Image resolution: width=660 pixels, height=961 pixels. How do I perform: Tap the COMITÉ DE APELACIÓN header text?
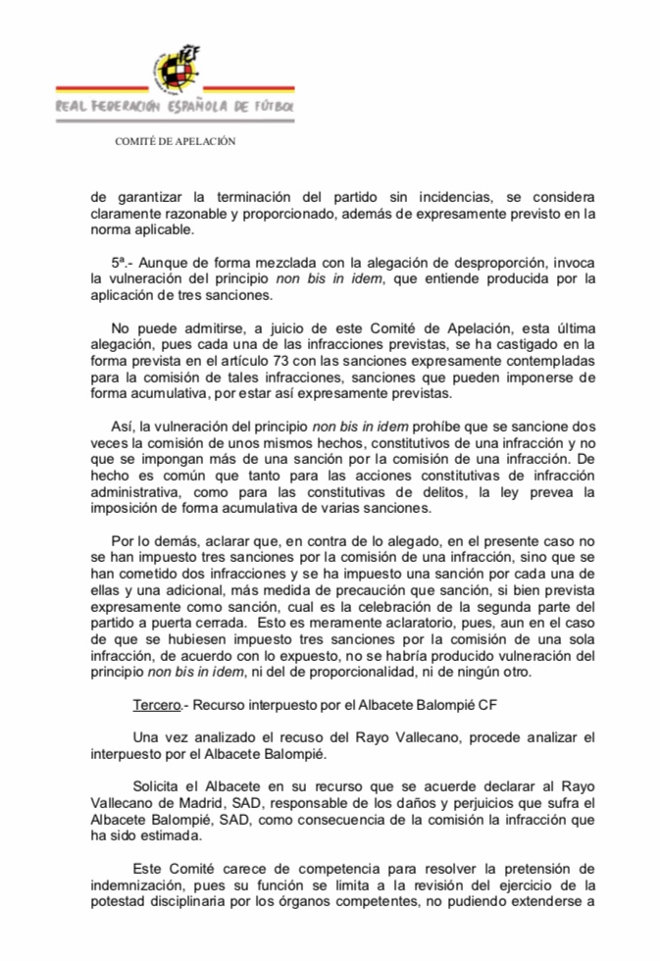point(176,141)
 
